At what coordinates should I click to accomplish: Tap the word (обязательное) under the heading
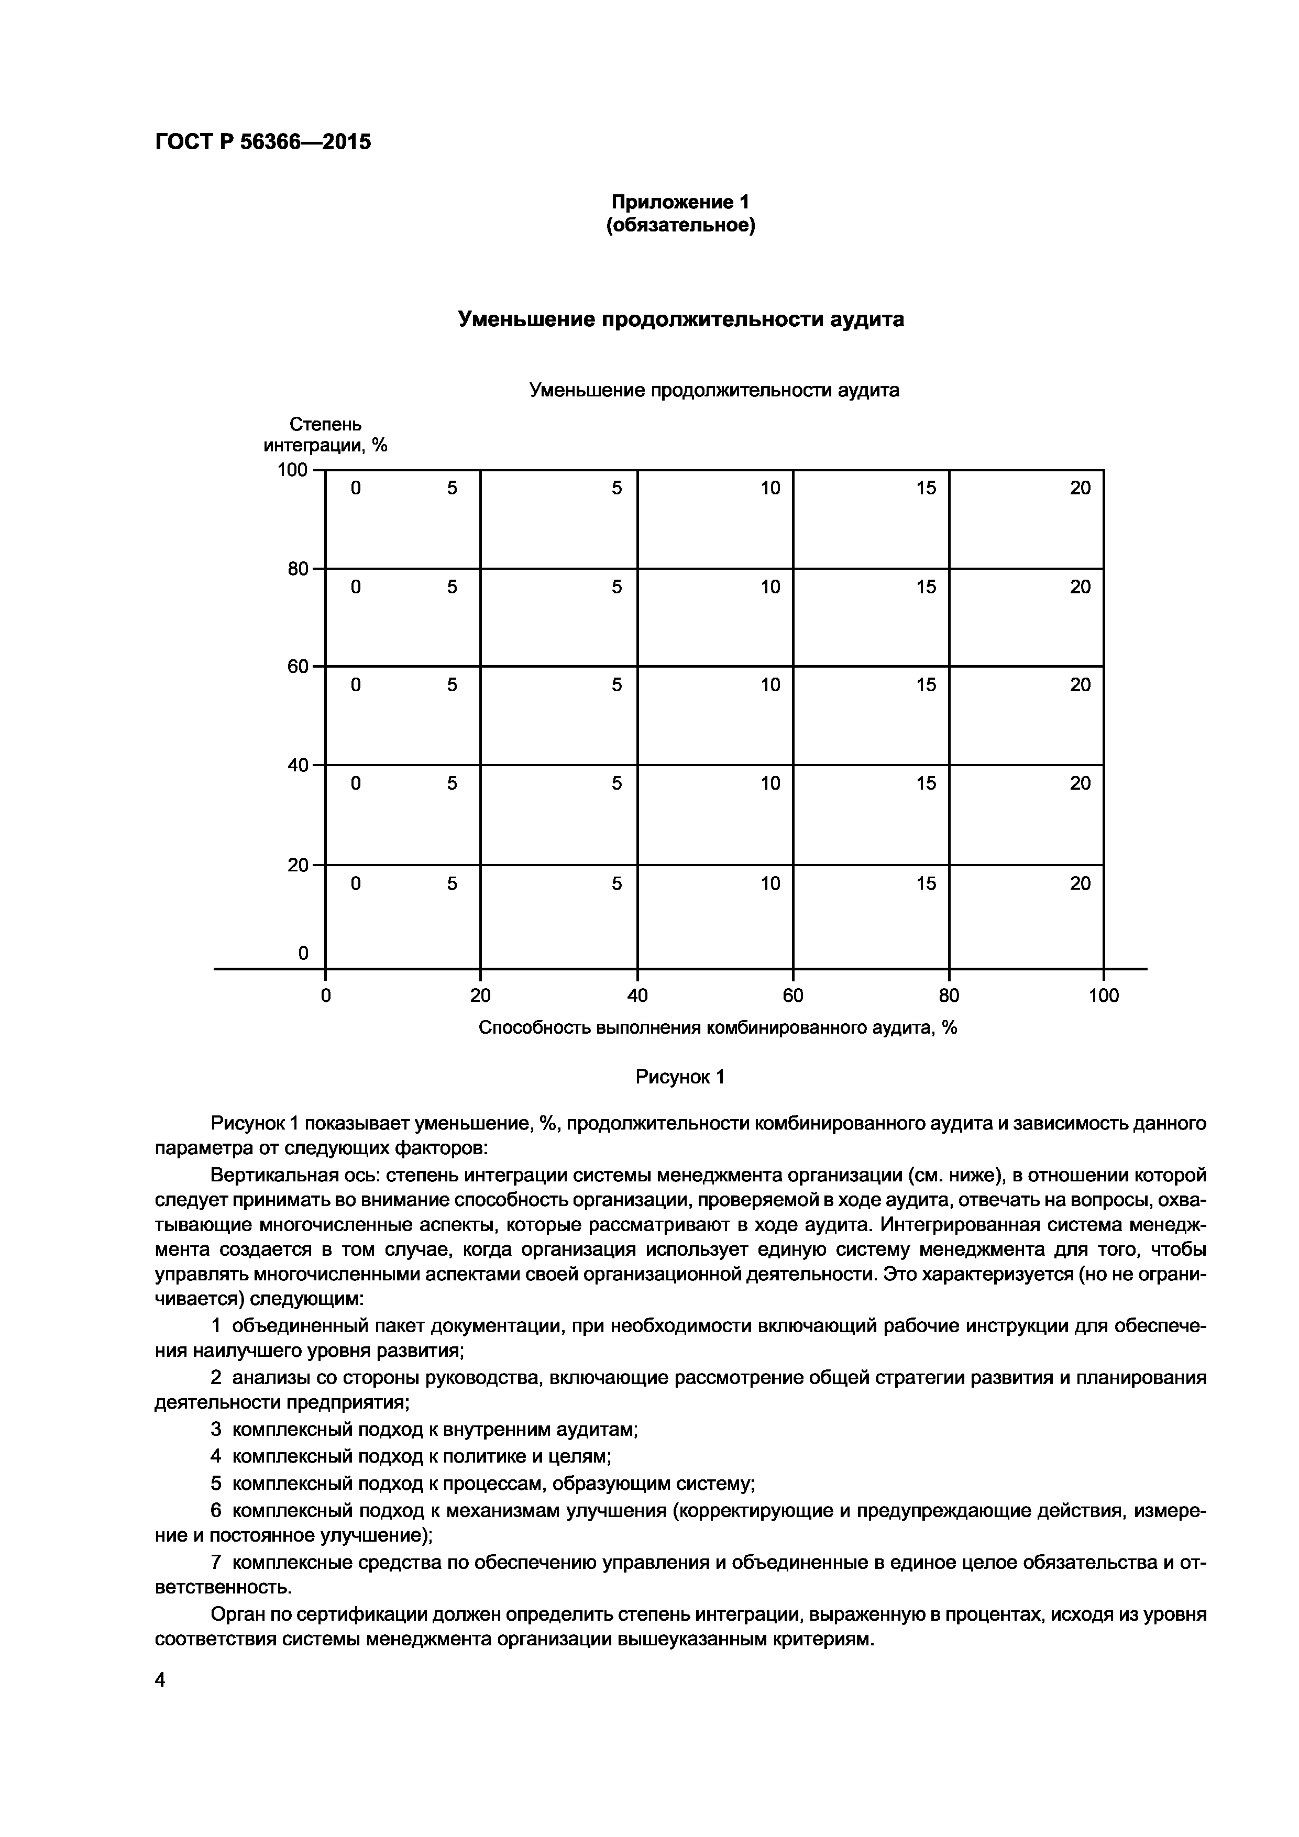(680, 226)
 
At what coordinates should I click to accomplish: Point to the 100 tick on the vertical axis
(292, 470)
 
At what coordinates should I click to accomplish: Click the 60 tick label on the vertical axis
(298, 667)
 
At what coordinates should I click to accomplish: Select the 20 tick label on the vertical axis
(298, 865)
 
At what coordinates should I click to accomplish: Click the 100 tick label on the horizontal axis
(1104, 995)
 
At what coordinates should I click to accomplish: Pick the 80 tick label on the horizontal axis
(949, 995)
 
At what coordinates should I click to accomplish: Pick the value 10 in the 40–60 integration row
(770, 685)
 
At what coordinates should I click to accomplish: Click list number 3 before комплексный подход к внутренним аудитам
(215, 1429)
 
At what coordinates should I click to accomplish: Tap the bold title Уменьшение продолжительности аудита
(680, 319)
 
